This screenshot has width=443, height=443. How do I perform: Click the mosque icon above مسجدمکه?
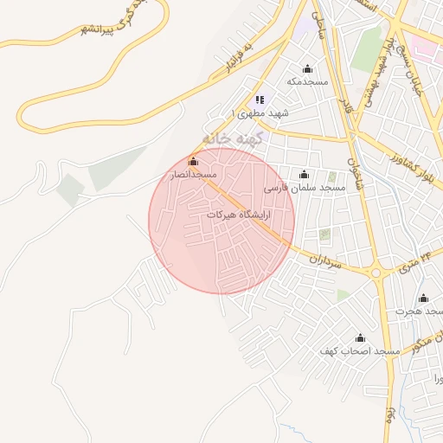pyautogui.click(x=306, y=69)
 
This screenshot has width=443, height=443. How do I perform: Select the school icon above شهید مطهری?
pyautogui.click(x=260, y=100)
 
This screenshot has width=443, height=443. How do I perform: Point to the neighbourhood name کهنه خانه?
pyautogui.click(x=231, y=138)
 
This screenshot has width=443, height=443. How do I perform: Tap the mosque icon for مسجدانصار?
pyautogui.click(x=193, y=162)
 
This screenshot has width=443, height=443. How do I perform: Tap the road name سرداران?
pyautogui.click(x=330, y=260)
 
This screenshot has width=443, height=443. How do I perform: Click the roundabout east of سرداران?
pyautogui.click(x=376, y=274)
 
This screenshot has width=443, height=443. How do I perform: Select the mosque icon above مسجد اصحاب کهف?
pyautogui.click(x=360, y=337)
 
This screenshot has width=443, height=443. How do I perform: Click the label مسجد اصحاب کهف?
pyautogui.click(x=360, y=351)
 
